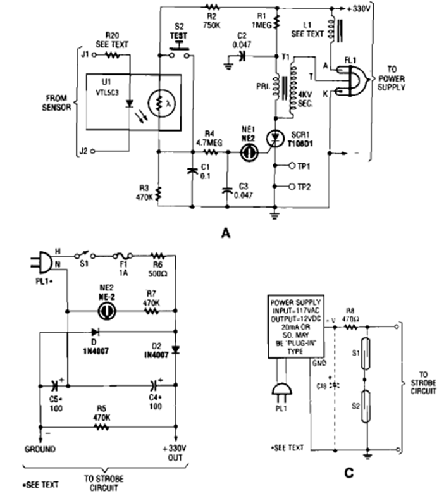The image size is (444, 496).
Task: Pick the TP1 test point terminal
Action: [x=292, y=166]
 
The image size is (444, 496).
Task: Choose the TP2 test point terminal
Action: [x=292, y=187]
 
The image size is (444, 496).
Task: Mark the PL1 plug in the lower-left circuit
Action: [x=39, y=261]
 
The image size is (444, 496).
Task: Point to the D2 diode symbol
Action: [x=175, y=349]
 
